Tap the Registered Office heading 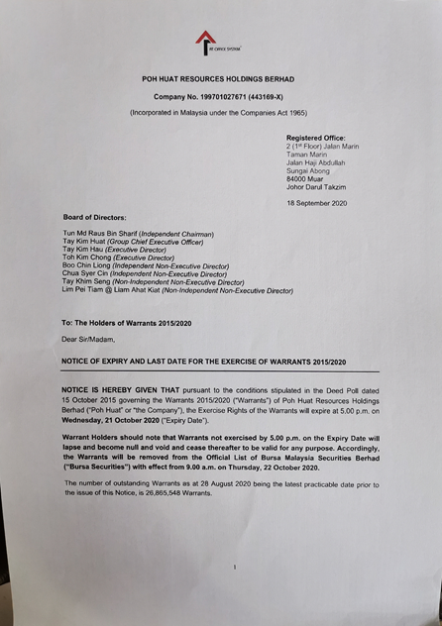coord(316,138)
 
